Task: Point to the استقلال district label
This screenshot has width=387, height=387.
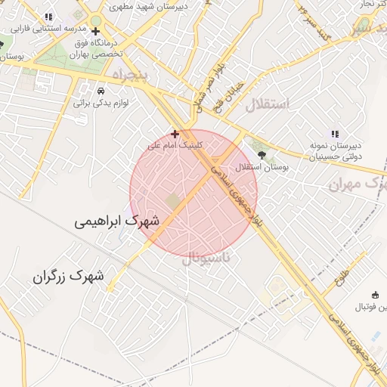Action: click(267, 104)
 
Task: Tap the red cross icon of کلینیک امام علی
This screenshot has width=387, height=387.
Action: click(175, 134)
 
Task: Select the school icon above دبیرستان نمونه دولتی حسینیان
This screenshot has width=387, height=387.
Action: click(336, 134)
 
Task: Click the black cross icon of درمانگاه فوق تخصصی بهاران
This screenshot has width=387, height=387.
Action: click(94, 31)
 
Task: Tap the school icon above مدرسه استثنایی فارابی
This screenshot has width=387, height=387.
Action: click(49, 17)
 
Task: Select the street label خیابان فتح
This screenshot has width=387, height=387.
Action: click(230, 94)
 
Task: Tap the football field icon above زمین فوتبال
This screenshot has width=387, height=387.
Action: click(376, 295)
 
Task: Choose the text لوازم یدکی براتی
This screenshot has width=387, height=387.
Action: click(101, 102)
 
